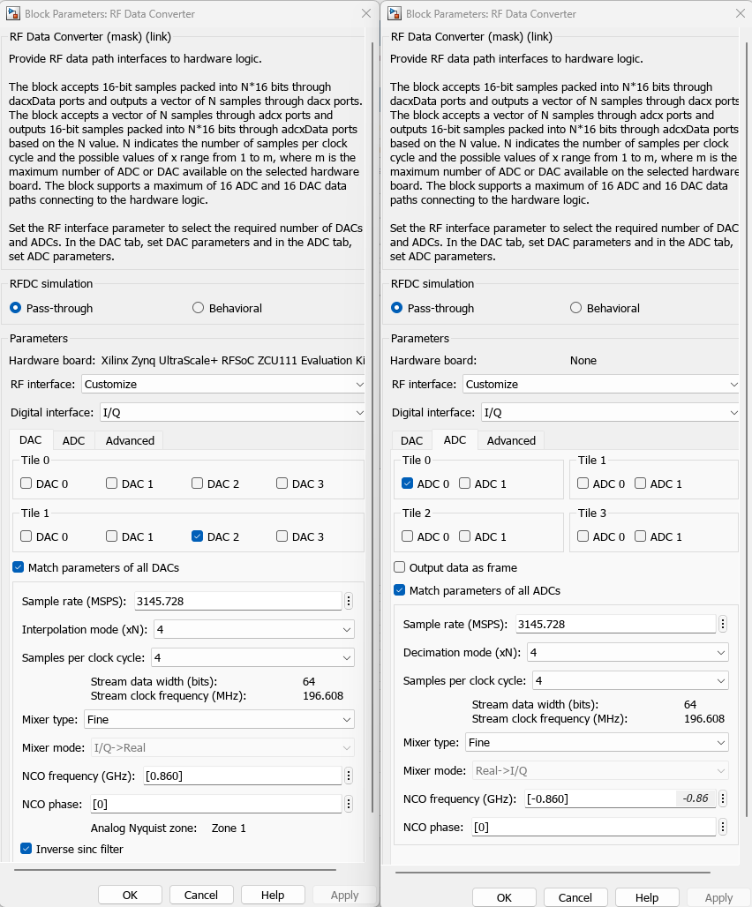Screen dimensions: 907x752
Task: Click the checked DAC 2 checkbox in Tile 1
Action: click(x=197, y=536)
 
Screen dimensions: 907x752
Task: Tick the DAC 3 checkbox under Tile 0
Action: click(x=282, y=483)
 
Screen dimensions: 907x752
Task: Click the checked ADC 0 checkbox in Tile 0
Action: click(x=407, y=483)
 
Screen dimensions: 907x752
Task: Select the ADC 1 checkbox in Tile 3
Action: click(x=641, y=536)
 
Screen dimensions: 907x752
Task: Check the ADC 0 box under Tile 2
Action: click(x=407, y=536)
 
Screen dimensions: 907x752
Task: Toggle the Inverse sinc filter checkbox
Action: click(x=26, y=849)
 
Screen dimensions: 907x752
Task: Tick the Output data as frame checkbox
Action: click(x=400, y=567)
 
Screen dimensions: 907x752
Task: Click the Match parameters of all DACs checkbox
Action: click(x=19, y=567)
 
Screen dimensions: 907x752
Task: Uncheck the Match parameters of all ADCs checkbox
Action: click(x=400, y=590)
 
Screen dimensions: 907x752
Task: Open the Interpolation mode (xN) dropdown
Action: click(x=253, y=629)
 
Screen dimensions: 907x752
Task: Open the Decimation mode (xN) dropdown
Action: click(x=628, y=652)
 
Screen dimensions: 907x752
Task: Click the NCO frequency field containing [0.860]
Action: click(x=237, y=776)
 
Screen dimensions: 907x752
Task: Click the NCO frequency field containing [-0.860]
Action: click(x=600, y=798)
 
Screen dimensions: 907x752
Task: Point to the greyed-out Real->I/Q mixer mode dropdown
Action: click(x=600, y=770)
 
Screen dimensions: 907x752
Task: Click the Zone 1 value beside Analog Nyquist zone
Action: click(x=229, y=828)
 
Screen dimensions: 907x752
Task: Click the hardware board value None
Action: click(x=583, y=360)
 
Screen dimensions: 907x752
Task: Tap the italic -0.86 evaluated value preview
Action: click(x=696, y=798)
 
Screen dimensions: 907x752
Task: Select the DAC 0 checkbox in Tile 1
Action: click(x=26, y=536)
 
